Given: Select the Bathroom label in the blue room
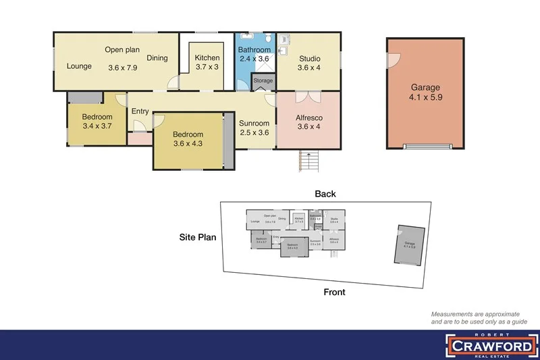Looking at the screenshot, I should (x=254, y=50).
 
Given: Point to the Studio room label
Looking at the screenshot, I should (x=309, y=58).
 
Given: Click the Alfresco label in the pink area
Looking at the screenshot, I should (x=310, y=118).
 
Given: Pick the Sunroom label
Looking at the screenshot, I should (x=254, y=124).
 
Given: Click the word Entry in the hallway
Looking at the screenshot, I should (x=140, y=111).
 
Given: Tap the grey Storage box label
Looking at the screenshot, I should (x=263, y=81).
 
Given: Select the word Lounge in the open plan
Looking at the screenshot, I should (x=79, y=67).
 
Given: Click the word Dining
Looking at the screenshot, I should (x=157, y=58).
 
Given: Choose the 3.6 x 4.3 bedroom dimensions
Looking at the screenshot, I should (x=188, y=143).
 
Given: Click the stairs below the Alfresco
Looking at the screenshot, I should (x=308, y=162).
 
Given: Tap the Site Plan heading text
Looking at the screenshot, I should (x=198, y=238).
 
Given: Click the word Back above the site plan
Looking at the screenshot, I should (x=325, y=194).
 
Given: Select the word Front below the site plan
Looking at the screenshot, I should (x=333, y=292).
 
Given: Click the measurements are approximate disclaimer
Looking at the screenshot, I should (x=476, y=318).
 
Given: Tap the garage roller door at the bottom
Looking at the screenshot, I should (x=426, y=146).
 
